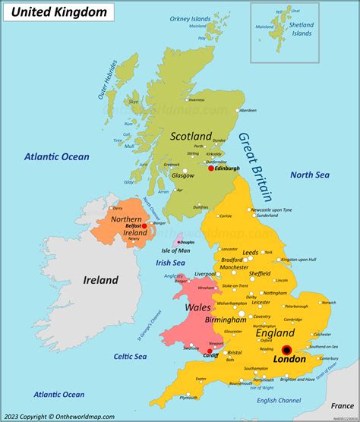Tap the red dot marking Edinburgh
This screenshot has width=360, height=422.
(211, 168)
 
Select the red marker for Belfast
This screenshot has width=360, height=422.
(144, 226)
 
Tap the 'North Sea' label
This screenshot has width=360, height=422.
(310, 175)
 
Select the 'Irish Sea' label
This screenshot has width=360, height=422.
(172, 263)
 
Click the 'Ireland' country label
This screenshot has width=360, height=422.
(100, 280)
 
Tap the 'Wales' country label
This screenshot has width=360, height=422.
(198, 308)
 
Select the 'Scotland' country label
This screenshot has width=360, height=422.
(191, 137)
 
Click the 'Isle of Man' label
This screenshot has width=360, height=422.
(175, 250)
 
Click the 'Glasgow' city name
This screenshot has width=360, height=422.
(183, 175)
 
